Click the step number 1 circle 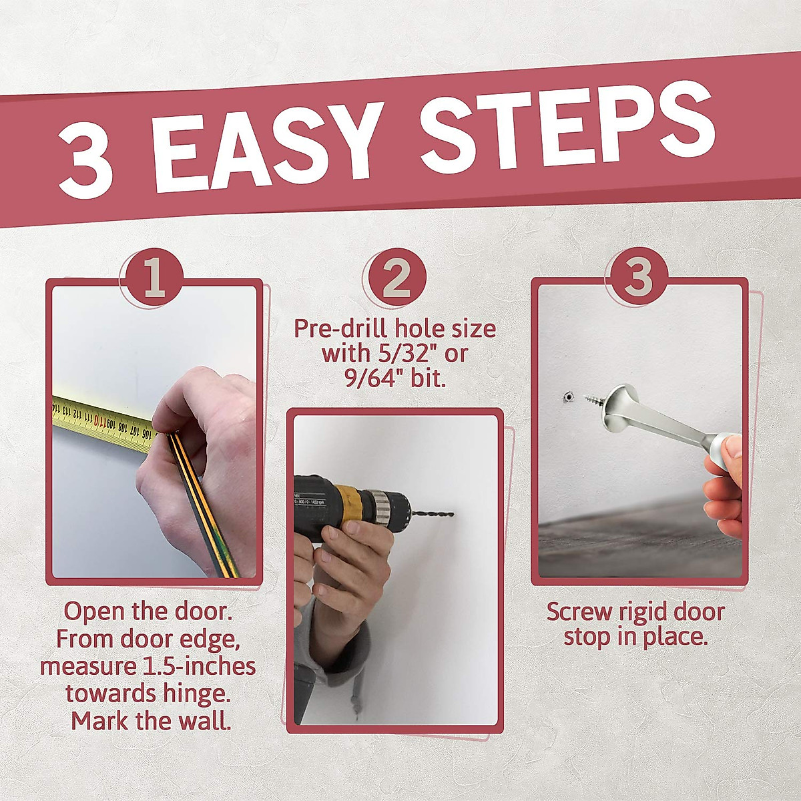154,276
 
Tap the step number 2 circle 397,276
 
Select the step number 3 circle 637,276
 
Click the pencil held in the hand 200,501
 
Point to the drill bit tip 451,514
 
